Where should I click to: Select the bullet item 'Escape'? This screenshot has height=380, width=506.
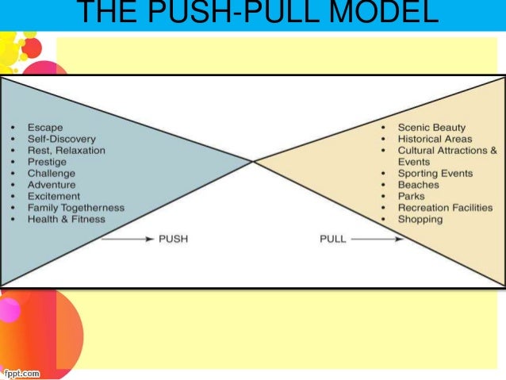(44, 127)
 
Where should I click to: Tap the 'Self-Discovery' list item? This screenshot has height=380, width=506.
(63, 139)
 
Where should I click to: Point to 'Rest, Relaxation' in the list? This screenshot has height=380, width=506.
(66, 150)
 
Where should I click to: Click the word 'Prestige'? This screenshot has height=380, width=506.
(48, 162)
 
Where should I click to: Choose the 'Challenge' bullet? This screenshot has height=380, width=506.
(52, 173)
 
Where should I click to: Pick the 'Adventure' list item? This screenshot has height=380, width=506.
(52, 185)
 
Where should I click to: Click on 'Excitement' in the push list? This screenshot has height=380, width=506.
(54, 196)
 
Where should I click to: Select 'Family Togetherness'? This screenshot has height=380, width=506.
(75, 208)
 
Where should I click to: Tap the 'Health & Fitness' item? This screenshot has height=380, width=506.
(67, 219)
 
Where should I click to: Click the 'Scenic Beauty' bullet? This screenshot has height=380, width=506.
(431, 127)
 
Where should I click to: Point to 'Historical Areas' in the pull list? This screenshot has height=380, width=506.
(435, 139)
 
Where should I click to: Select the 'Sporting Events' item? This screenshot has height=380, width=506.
(435, 173)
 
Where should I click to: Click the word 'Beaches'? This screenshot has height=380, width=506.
(418, 185)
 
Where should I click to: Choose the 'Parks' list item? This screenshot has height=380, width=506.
(411, 196)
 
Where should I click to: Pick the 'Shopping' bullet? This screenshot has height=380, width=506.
(420, 219)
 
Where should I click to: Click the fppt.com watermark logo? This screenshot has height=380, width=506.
(21, 371)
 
